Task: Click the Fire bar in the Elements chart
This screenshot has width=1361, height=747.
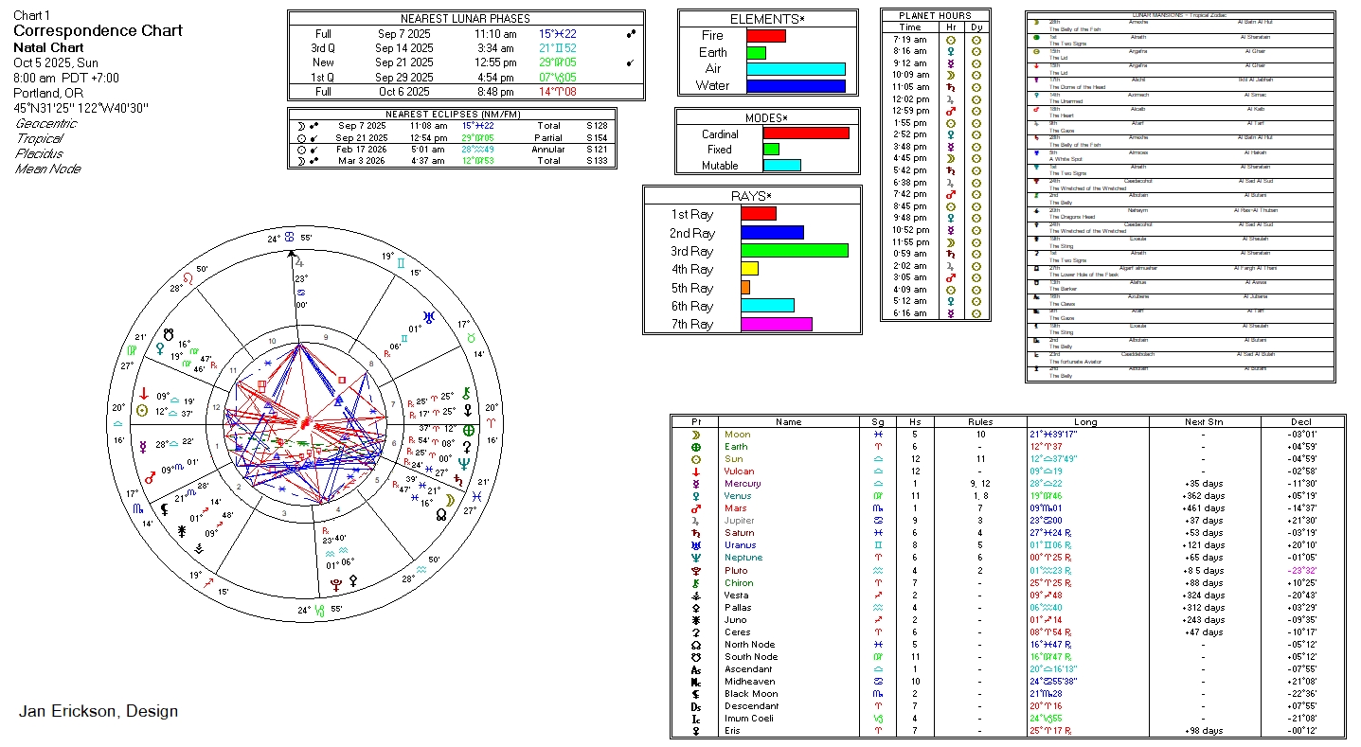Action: [x=765, y=36]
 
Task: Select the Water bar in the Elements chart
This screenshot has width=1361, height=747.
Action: [x=795, y=86]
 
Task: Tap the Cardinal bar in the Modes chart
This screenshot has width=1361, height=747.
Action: [x=805, y=133]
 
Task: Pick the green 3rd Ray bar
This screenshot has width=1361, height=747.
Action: [x=794, y=251]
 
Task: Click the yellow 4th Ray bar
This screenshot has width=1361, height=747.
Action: [x=749, y=270]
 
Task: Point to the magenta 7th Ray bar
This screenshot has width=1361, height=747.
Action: [x=776, y=325]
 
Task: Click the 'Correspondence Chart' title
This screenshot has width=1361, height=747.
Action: [x=98, y=31]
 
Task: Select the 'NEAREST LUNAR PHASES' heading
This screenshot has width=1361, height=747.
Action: [x=465, y=19]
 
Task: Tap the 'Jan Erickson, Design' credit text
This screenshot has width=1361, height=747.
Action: [x=98, y=711]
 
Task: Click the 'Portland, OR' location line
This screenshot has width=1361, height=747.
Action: [x=49, y=93]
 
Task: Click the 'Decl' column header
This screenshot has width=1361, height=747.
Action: [x=1301, y=422]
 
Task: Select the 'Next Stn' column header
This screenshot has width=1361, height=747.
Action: [x=1203, y=422]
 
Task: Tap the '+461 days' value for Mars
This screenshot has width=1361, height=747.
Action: [x=1204, y=508]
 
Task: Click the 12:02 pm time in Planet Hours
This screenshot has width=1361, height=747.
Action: [x=910, y=98]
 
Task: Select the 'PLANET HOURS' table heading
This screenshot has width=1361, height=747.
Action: [x=935, y=16]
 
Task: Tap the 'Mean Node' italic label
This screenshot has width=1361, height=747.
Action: [x=48, y=169]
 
